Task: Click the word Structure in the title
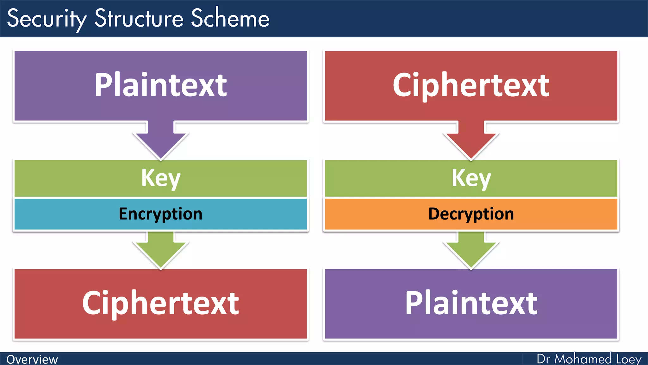pos(139,18)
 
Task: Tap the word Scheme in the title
pos(230,18)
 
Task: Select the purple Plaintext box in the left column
pos(161,86)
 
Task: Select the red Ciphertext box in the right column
pos(471,86)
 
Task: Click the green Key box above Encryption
pos(161,178)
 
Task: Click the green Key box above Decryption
pos(471,178)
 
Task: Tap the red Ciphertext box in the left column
pos(161,304)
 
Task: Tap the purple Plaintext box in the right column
pos(471,304)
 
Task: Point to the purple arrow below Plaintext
pos(161,139)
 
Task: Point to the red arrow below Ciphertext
pos(471,139)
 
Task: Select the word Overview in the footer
pos(32,360)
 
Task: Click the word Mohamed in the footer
pos(583,359)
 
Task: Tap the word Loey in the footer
pos(629,359)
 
